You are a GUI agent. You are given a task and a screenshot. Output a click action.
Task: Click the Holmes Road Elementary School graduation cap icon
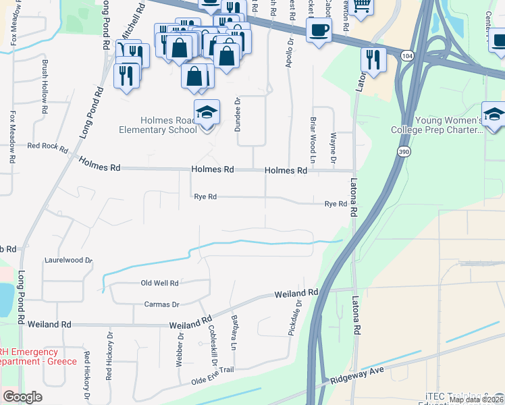click(x=207, y=113)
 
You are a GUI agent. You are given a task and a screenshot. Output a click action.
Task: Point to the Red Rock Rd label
click(x=47, y=146)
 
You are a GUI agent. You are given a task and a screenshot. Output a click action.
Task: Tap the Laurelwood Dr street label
click(x=68, y=259)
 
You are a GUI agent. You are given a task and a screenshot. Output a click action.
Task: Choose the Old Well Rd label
click(x=159, y=283)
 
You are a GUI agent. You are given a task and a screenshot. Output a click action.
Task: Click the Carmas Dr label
click(x=161, y=304)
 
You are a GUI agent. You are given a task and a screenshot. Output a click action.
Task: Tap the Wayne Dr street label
click(x=334, y=148)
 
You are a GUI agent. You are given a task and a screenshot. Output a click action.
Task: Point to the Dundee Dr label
click(x=238, y=111)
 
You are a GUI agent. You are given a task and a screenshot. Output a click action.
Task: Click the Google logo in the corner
click(x=22, y=397)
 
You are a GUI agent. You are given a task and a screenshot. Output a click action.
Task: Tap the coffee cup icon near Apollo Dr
click(x=318, y=30)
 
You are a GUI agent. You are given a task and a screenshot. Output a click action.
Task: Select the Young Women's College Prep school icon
click(x=494, y=114)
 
